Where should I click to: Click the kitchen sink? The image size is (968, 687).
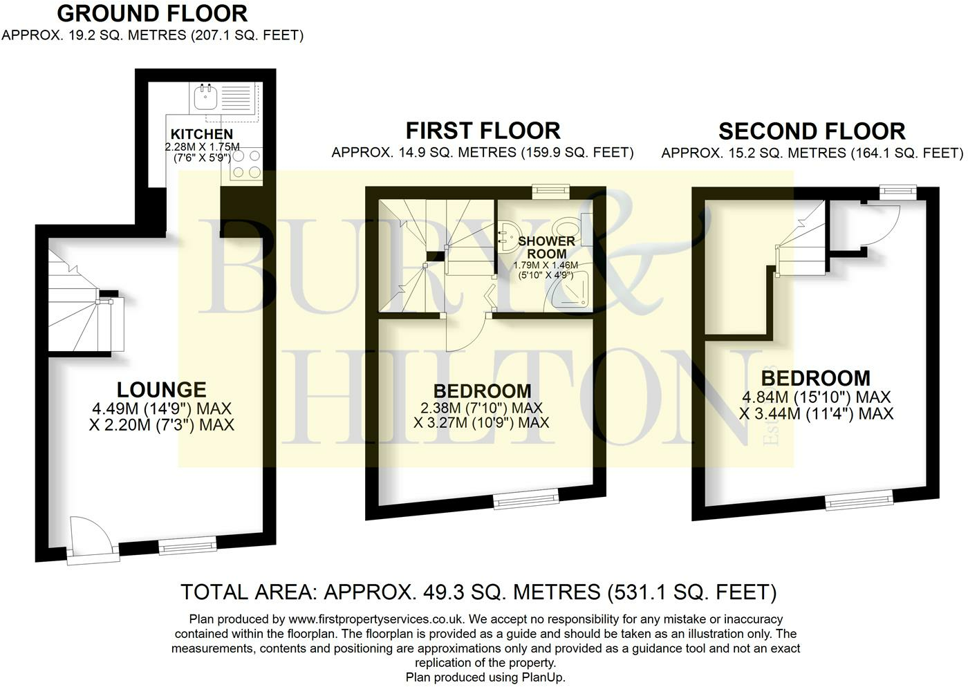coord(205,97)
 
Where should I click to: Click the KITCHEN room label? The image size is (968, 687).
coord(202,134)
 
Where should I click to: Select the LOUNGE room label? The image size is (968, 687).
coord(161,390)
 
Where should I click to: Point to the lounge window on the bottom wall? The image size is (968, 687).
coord(187,547)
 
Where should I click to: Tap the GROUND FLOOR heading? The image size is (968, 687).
coord(152,13)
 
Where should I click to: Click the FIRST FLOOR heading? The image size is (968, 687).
coord(483,131)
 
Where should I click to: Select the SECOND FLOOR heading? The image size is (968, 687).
coord(812,131)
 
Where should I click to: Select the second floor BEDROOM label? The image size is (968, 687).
coord(816,378)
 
